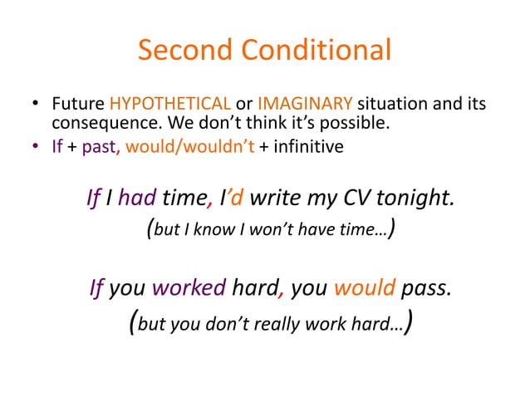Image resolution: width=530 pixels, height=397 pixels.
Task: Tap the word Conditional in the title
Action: click(x=316, y=51)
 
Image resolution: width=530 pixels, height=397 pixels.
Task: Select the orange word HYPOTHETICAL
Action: click(x=171, y=105)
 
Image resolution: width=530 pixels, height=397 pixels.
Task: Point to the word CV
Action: click(x=356, y=198)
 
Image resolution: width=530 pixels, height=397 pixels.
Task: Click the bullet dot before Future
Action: click(x=37, y=106)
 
